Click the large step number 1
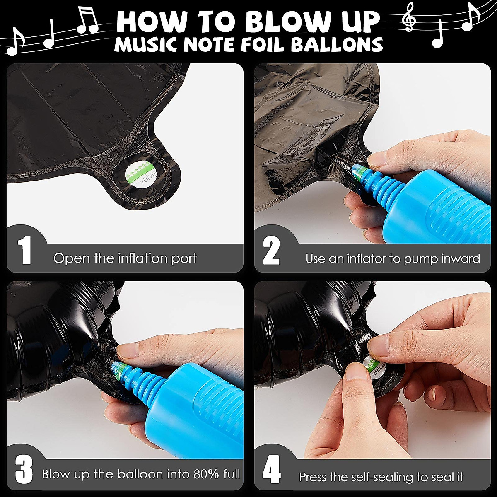click(24, 250)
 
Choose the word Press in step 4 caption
click(313, 477)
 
